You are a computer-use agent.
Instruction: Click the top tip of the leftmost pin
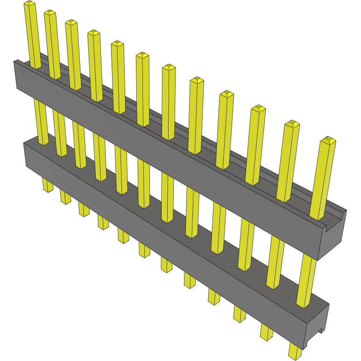tap(29, 4)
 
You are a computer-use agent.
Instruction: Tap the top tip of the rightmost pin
tap(328, 140)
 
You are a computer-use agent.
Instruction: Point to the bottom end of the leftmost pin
tap(48, 188)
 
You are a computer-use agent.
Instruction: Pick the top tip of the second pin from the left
tap(50, 13)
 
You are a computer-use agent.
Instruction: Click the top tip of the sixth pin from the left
tap(142, 56)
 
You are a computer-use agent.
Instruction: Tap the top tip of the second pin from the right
tap(292, 124)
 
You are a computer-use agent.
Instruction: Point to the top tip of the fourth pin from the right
tap(226, 94)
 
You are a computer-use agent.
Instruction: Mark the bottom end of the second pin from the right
tap(266, 335)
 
